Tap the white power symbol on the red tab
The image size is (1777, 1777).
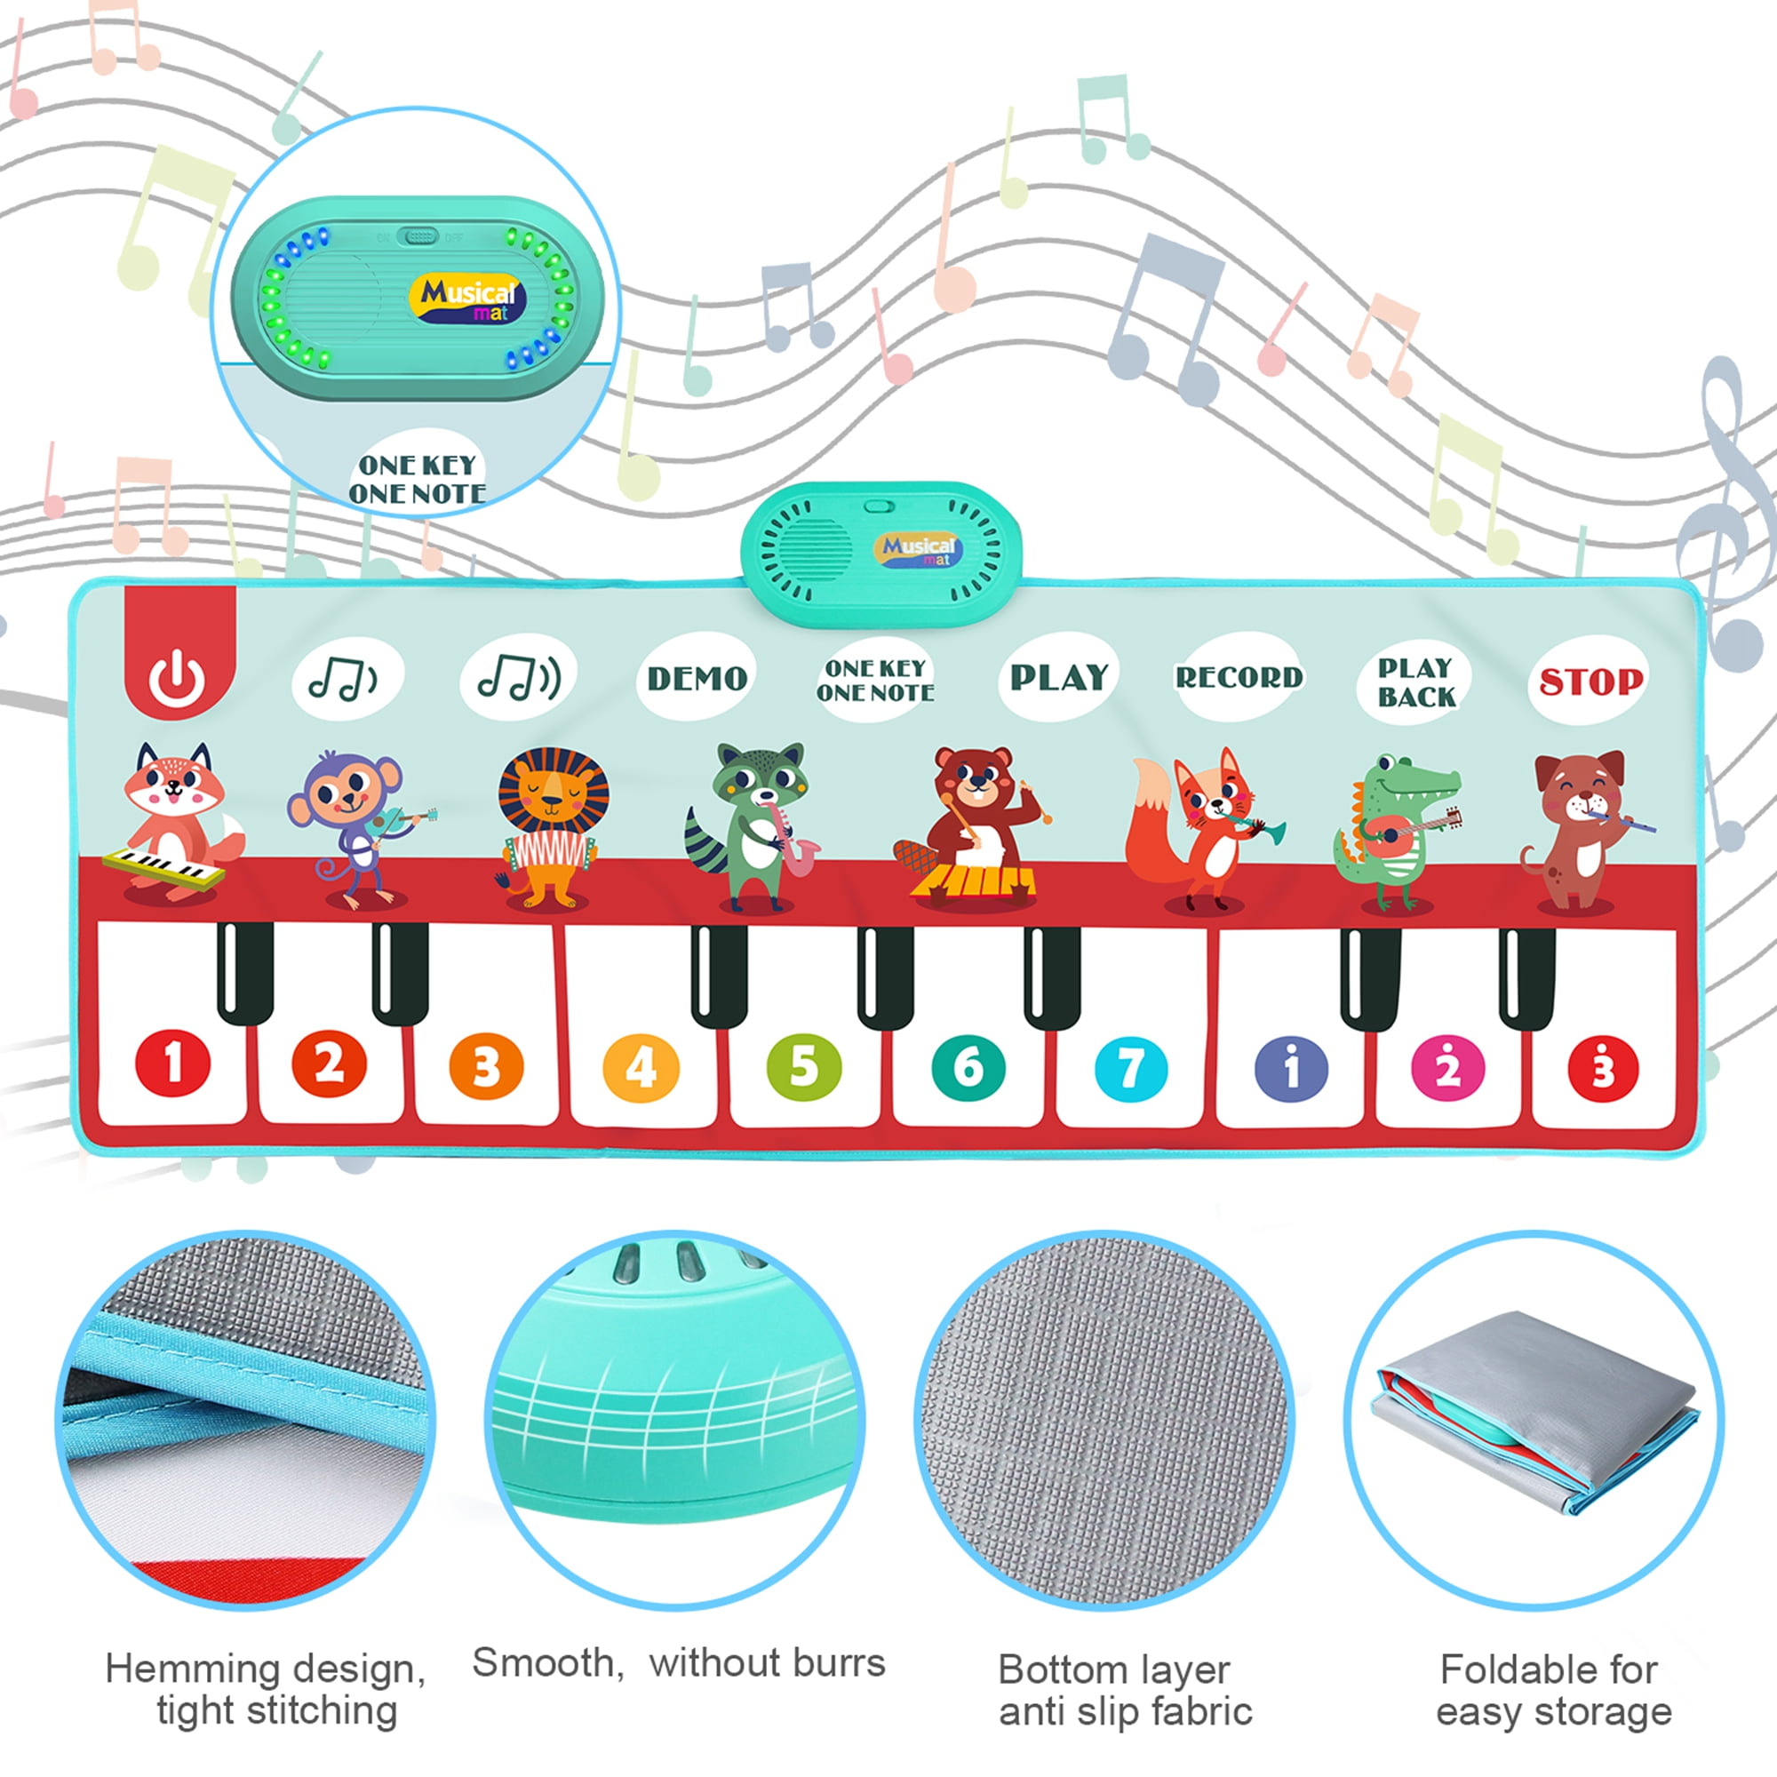178,680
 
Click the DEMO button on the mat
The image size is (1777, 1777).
697,679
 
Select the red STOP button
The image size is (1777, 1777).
1590,681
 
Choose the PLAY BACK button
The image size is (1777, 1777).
1415,681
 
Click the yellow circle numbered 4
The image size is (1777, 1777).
641,1068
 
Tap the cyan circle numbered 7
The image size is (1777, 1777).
1130,1068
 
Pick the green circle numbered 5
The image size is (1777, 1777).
804,1067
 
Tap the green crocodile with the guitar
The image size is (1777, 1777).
1393,833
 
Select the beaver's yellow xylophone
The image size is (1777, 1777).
973,881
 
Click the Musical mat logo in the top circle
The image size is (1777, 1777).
467,299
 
